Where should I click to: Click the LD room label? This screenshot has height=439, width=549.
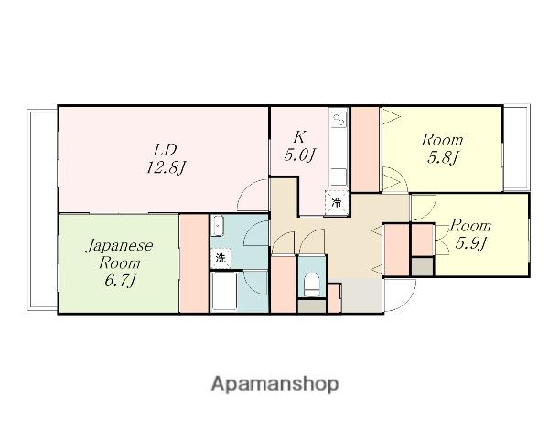point(165,150)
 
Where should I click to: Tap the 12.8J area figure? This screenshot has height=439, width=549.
point(166,167)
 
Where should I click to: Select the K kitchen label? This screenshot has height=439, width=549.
point(299,137)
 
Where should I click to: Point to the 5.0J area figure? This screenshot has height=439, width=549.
point(300,155)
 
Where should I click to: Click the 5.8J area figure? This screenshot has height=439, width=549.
point(442,157)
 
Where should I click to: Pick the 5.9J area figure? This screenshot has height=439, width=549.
point(470,243)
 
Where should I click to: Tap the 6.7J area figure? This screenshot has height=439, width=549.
point(120,281)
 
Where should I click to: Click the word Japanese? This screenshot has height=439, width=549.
point(119,246)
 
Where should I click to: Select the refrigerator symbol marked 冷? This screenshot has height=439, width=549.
point(337,202)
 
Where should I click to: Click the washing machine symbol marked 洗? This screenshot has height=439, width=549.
point(221,258)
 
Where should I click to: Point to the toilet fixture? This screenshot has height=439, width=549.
point(311,284)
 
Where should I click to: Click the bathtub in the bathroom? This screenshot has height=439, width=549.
point(224,291)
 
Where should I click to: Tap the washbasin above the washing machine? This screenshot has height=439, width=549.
point(218,226)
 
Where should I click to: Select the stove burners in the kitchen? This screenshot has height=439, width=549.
point(339,119)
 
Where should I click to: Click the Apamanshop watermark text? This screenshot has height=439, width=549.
point(274,384)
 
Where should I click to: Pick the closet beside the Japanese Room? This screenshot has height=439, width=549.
point(194,263)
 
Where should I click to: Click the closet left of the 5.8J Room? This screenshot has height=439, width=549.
point(365,149)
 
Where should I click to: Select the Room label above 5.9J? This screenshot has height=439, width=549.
point(470,226)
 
